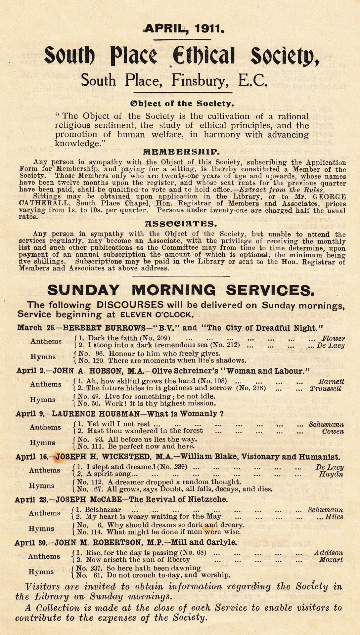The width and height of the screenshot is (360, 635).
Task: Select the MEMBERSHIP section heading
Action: pyautogui.click(x=181, y=152)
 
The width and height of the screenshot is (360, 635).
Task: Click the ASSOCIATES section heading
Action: pyautogui.click(x=181, y=224)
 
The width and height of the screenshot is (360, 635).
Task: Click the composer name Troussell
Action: pyautogui.click(x=325, y=388)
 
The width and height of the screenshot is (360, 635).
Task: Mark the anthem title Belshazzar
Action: pyautogui.click(x=103, y=510)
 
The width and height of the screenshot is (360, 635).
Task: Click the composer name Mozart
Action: pyautogui.click(x=331, y=560)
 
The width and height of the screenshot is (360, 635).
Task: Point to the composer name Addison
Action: pyautogui.click(x=329, y=553)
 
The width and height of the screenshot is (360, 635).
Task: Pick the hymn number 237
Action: pyautogui.click(x=96, y=568)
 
